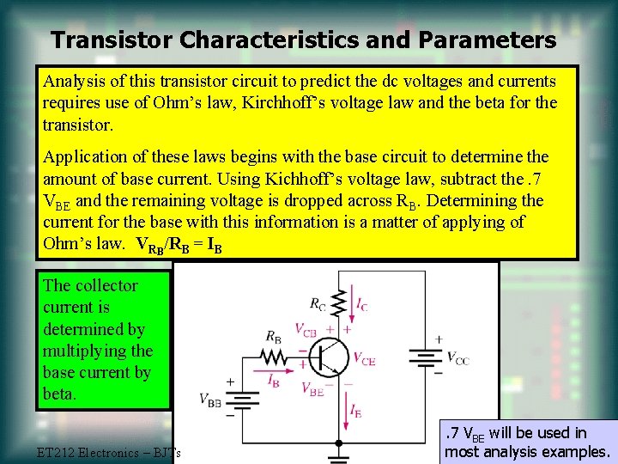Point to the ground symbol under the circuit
(x=340, y=446)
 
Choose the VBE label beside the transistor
(x=315, y=388)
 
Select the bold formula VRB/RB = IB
(x=180, y=243)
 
